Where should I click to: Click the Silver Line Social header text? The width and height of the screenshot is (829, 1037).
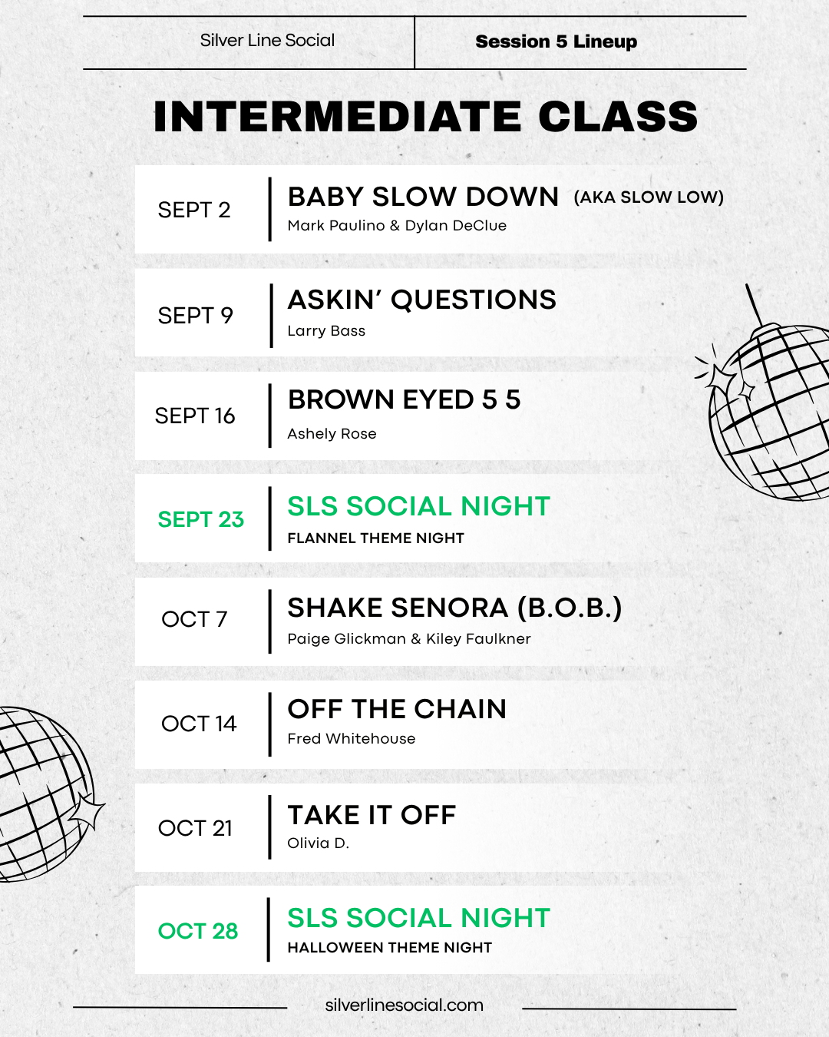click(x=267, y=41)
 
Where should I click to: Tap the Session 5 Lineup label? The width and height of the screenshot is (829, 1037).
click(x=556, y=42)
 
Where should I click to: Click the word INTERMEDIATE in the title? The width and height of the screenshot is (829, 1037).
click(x=337, y=117)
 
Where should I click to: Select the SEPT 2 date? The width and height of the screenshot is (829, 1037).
click(x=194, y=210)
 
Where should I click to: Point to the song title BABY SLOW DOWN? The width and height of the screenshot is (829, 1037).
click(x=423, y=197)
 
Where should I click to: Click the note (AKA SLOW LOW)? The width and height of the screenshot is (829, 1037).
click(x=649, y=197)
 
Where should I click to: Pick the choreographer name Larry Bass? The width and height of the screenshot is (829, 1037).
click(x=326, y=331)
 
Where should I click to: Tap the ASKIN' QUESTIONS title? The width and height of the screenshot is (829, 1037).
click(x=422, y=300)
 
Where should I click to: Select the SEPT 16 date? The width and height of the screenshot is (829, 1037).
click(x=195, y=416)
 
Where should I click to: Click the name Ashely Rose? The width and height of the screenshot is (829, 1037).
click(x=332, y=434)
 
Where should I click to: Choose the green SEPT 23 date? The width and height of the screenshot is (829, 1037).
click(x=201, y=519)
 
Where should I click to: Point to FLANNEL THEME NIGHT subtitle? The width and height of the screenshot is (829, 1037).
click(x=375, y=538)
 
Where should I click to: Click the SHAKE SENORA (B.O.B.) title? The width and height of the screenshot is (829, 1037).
click(x=454, y=608)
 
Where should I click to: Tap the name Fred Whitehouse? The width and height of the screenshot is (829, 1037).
click(x=351, y=739)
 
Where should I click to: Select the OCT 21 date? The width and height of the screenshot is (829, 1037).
click(x=195, y=828)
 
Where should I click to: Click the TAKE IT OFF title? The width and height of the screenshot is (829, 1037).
click(x=372, y=815)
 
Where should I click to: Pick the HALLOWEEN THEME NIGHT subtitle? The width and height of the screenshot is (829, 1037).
click(x=390, y=947)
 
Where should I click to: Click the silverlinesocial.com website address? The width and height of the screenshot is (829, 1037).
click(x=405, y=1006)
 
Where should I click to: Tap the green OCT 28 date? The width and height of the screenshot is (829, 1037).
click(x=198, y=931)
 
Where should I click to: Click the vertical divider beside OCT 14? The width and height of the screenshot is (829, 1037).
click(x=269, y=724)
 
